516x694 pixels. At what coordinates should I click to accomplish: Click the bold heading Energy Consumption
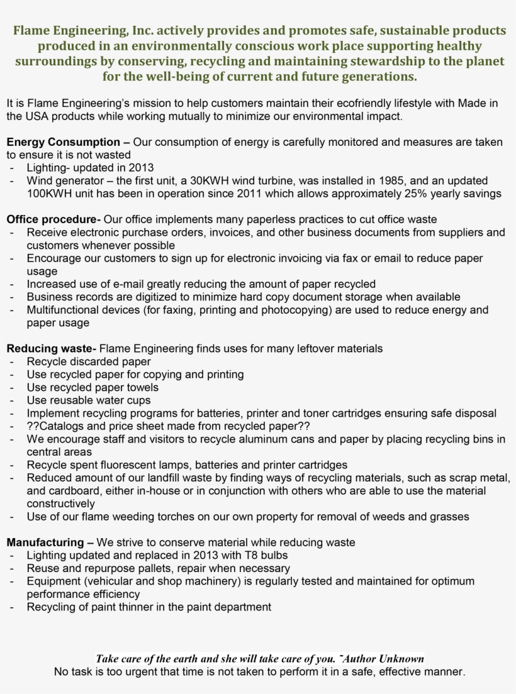63,142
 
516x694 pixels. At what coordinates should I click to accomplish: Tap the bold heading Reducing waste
51,348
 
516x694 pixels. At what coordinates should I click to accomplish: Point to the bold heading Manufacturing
45,542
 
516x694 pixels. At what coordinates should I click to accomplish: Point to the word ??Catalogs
53,426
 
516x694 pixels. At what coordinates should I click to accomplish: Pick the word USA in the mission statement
37,116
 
